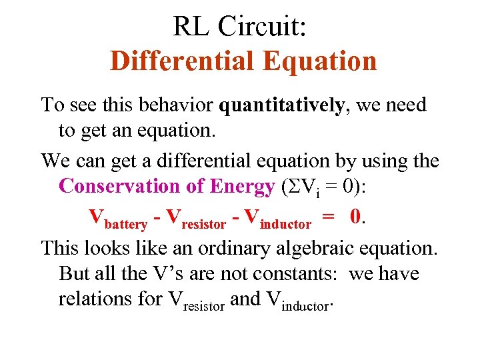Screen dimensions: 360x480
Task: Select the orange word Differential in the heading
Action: coord(183,61)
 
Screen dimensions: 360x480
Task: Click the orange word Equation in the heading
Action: coord(319,61)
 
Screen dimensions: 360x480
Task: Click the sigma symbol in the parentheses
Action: coord(287,187)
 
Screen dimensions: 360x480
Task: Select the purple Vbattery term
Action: coord(118,218)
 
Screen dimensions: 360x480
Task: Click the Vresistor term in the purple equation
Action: coord(201,218)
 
